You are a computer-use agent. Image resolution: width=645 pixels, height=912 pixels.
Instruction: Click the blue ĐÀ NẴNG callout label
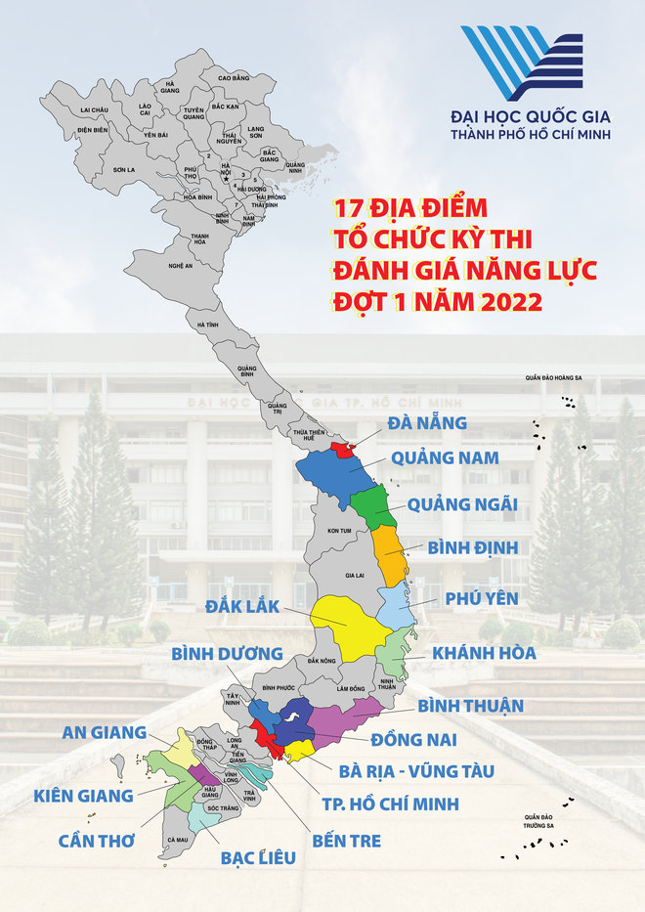tap(427, 423)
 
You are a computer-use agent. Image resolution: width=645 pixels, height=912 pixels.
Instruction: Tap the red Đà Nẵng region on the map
tap(342, 449)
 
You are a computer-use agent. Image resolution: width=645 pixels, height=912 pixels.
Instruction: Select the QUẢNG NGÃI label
tap(462, 504)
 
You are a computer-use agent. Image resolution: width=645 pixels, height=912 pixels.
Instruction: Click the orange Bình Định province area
tap(391, 555)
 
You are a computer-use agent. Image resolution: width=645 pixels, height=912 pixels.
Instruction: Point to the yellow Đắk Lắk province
tap(344, 626)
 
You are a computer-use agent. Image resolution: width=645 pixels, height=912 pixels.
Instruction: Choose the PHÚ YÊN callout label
tap(481, 598)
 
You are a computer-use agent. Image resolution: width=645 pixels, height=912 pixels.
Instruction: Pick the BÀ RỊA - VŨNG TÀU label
tap(416, 771)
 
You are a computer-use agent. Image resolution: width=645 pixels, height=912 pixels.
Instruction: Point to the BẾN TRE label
tap(340, 840)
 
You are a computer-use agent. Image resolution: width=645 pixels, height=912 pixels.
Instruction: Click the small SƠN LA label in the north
tap(123, 169)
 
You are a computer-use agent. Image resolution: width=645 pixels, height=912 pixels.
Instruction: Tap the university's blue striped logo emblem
tap(522, 63)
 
